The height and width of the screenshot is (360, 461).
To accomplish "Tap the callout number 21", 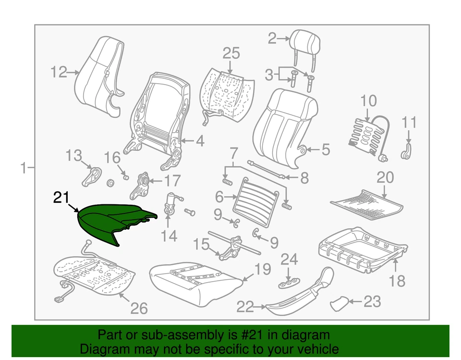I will coord(61,197).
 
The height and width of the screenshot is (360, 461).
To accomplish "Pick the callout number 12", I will coord(60,73).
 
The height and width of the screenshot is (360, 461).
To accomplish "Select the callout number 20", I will coord(385,178).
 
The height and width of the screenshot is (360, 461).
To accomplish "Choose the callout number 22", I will coord(245,306).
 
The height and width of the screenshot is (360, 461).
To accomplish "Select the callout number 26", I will coord(139,308).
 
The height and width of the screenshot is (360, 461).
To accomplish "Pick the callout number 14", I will coord(169,236).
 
